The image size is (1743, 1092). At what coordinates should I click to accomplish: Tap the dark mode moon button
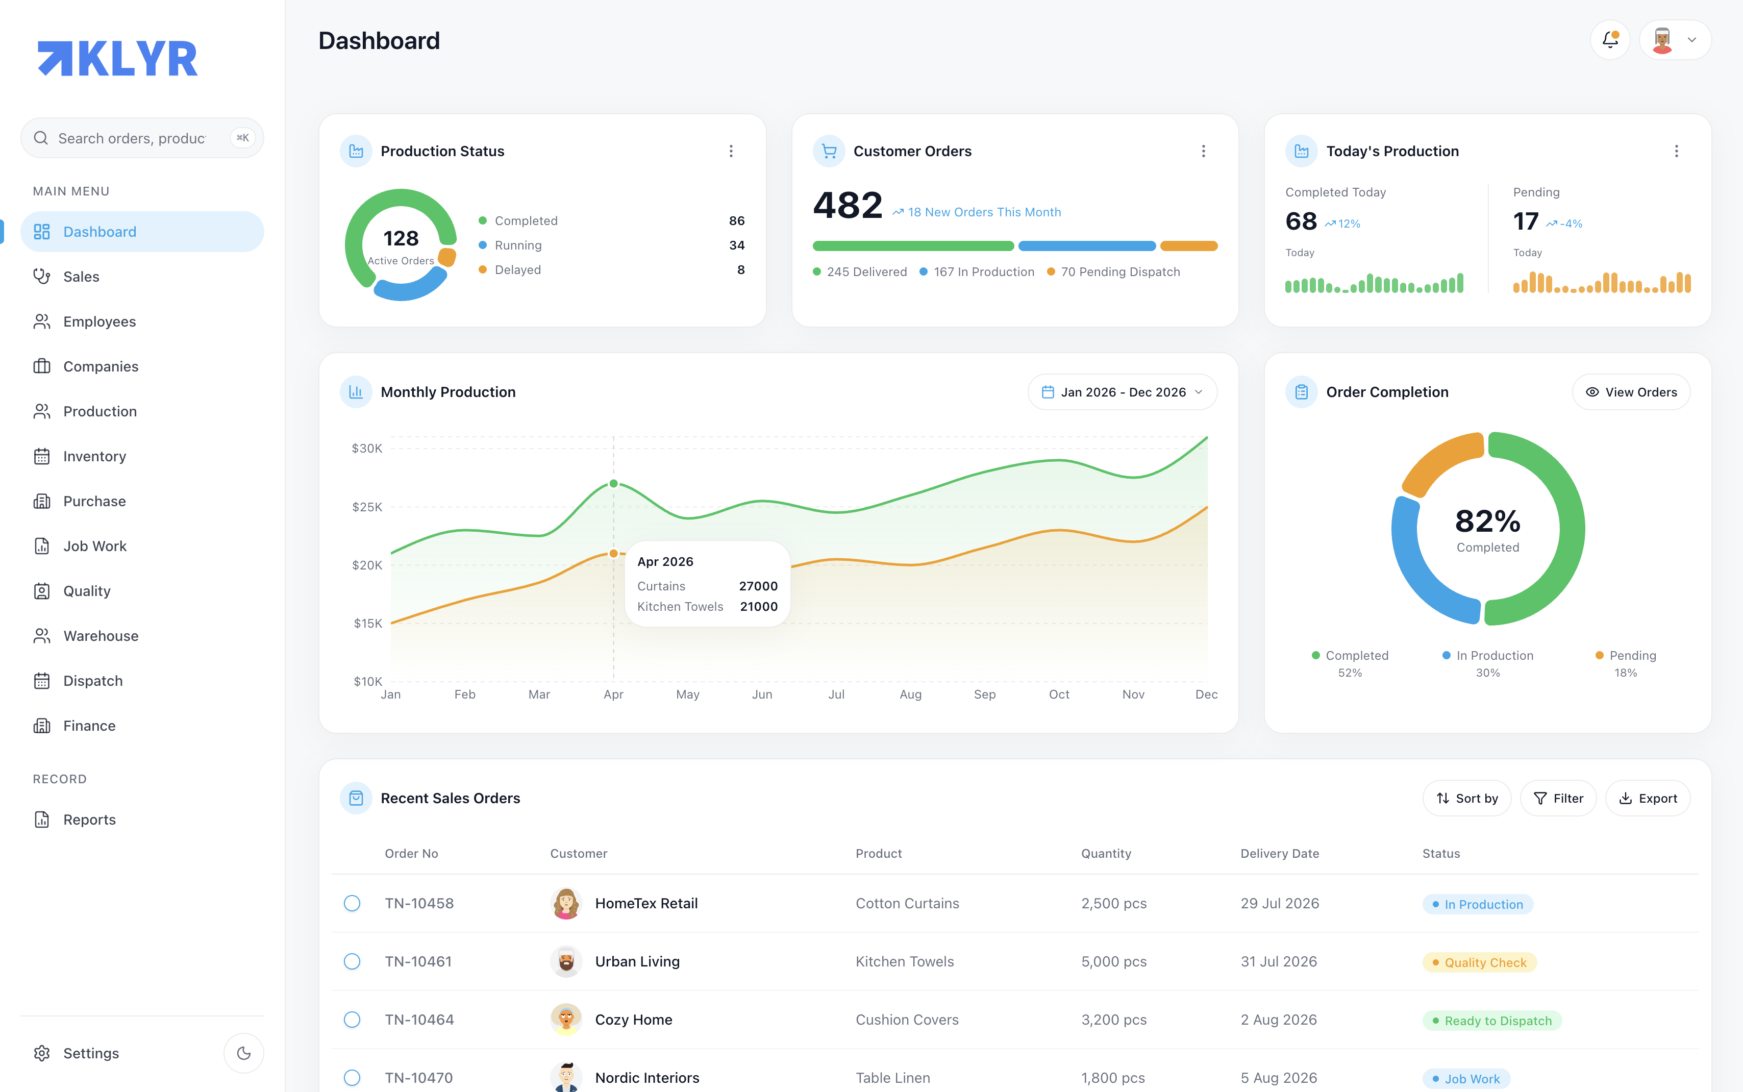point(244,1053)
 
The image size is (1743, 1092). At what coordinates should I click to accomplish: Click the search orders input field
point(142,138)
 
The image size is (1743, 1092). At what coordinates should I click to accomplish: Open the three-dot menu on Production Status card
point(731,151)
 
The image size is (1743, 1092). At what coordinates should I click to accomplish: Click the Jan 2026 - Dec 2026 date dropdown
point(1122,392)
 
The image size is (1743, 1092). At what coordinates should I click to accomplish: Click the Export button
point(1648,798)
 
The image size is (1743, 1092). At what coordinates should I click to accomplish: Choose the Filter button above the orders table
point(1558,798)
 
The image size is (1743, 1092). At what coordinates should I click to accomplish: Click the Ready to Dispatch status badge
point(1492,1021)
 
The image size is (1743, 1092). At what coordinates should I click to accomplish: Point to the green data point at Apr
point(614,483)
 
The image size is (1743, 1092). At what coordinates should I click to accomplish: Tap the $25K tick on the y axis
point(367,507)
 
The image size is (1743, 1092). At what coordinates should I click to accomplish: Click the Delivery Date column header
point(1280,854)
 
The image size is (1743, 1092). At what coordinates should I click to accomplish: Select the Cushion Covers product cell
point(907,1020)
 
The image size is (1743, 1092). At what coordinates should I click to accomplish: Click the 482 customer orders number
point(848,205)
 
